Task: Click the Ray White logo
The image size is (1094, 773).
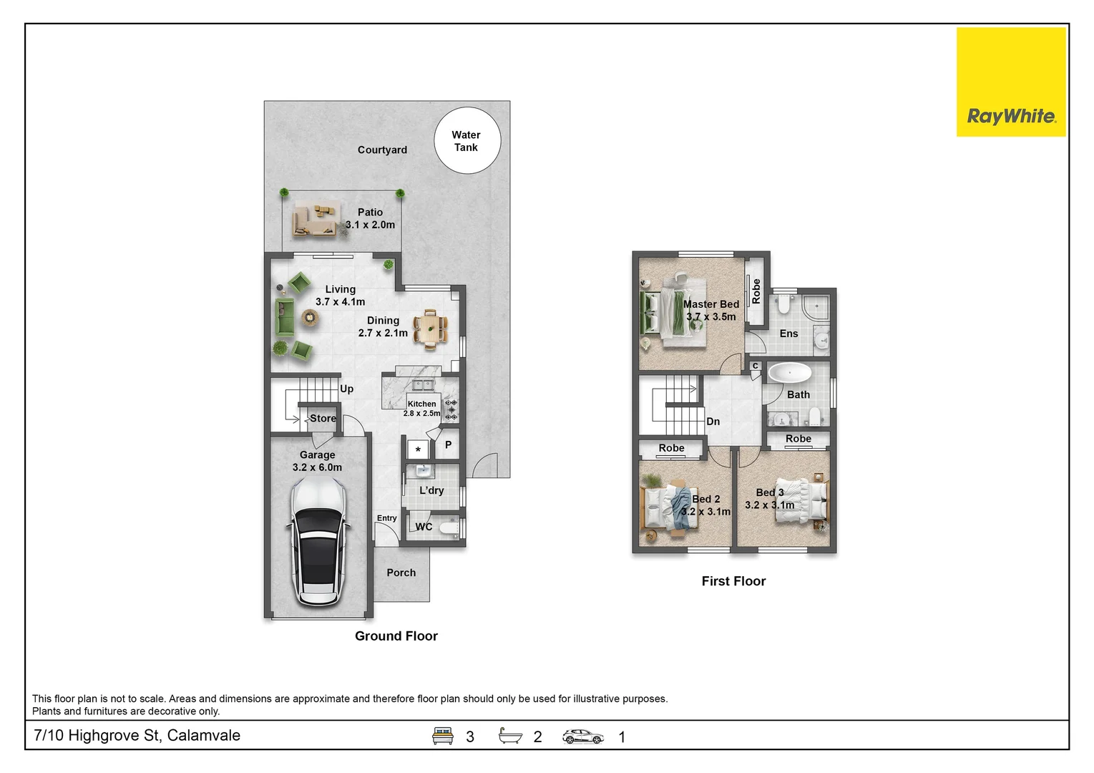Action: [x=1011, y=82]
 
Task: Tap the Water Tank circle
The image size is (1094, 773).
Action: [x=467, y=141]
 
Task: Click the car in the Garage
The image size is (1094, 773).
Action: [x=318, y=541]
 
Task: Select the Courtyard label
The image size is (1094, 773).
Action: [x=382, y=150]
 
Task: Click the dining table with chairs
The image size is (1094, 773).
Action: [x=430, y=329]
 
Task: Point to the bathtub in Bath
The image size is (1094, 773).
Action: [x=790, y=373]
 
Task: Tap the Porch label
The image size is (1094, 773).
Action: [x=401, y=573]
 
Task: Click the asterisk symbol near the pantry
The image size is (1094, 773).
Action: [x=418, y=449]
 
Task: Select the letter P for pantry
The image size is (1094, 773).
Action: [x=448, y=444]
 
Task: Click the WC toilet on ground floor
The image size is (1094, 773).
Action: [x=449, y=528]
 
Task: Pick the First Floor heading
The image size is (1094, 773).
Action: [x=733, y=581]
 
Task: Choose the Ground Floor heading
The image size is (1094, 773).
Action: [x=396, y=636]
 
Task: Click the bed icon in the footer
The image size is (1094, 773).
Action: [x=442, y=736]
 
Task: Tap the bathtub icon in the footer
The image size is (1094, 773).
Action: [x=510, y=736]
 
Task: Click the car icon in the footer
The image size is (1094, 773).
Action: [x=583, y=736]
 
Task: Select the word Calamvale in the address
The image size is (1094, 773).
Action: [x=204, y=735]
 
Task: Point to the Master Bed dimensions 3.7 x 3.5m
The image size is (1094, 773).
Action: [x=711, y=316]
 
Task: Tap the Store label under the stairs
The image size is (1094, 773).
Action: [x=323, y=418]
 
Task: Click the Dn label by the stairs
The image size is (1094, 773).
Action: [x=713, y=421]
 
